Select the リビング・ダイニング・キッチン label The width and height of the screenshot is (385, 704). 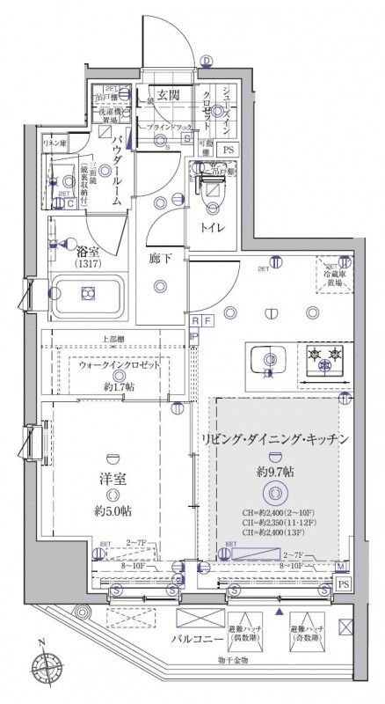pos(277,439)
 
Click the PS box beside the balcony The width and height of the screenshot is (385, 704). pos(342,584)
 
